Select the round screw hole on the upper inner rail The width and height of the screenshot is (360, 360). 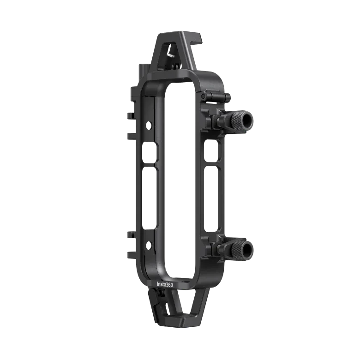point(149,124)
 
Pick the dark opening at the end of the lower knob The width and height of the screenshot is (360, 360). point(247,250)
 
